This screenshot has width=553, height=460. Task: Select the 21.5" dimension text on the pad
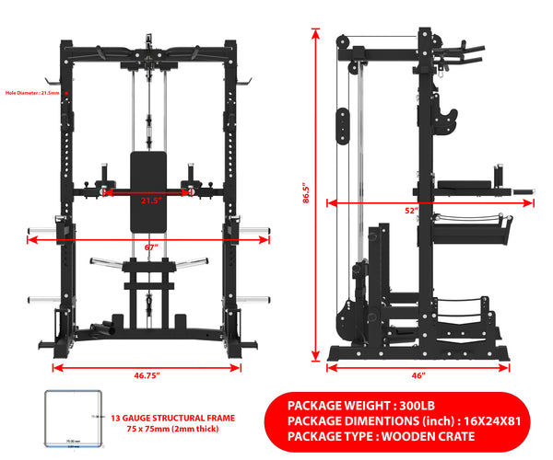click(150, 200)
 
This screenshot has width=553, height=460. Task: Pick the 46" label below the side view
click(418, 375)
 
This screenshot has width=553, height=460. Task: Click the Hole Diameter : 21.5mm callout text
click(30, 93)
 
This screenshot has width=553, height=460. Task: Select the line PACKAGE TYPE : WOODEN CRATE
click(381, 435)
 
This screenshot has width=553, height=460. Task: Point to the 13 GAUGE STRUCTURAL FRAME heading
click(172, 418)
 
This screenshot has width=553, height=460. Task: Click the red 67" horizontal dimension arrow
click(83, 239)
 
